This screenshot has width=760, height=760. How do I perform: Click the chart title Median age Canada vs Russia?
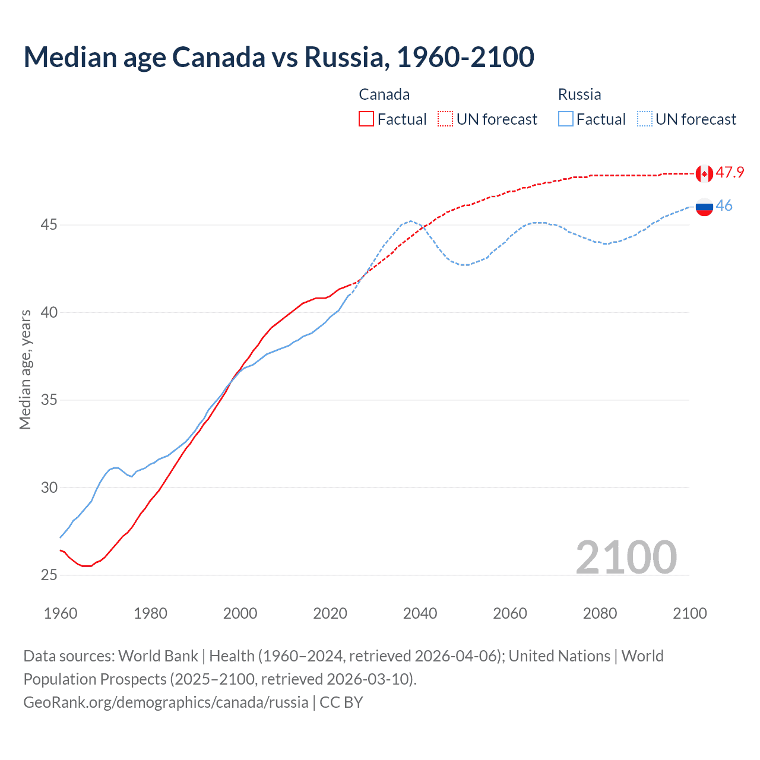pos(278,57)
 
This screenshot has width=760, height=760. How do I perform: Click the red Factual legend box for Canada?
pos(366,119)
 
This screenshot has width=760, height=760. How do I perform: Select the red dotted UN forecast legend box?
pos(445,119)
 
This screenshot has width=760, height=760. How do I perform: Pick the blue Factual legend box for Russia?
pos(566,119)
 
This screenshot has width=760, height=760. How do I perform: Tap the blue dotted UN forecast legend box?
pos(645,119)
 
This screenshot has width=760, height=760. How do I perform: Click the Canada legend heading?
pos(384,94)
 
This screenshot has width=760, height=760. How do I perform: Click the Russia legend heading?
pos(579,94)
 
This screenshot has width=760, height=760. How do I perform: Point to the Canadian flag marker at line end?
pos(704,173)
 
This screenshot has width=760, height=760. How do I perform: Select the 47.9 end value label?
pos(730,173)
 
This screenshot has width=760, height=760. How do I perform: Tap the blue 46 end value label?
pos(724,205)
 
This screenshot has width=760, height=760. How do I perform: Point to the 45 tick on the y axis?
pos(49,225)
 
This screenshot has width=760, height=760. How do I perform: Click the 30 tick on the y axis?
pos(49,487)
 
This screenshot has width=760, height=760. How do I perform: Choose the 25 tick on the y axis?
pos(49,575)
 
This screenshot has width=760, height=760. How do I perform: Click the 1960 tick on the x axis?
pos(61,613)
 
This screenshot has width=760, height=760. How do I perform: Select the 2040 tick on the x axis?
pos(420,613)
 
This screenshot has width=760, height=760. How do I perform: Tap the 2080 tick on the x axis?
pos(600,613)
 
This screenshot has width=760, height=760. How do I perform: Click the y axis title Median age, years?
pos(25,369)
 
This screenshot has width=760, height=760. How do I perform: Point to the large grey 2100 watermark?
pos(626,557)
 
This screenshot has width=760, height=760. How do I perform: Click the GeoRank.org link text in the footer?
pos(166,702)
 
